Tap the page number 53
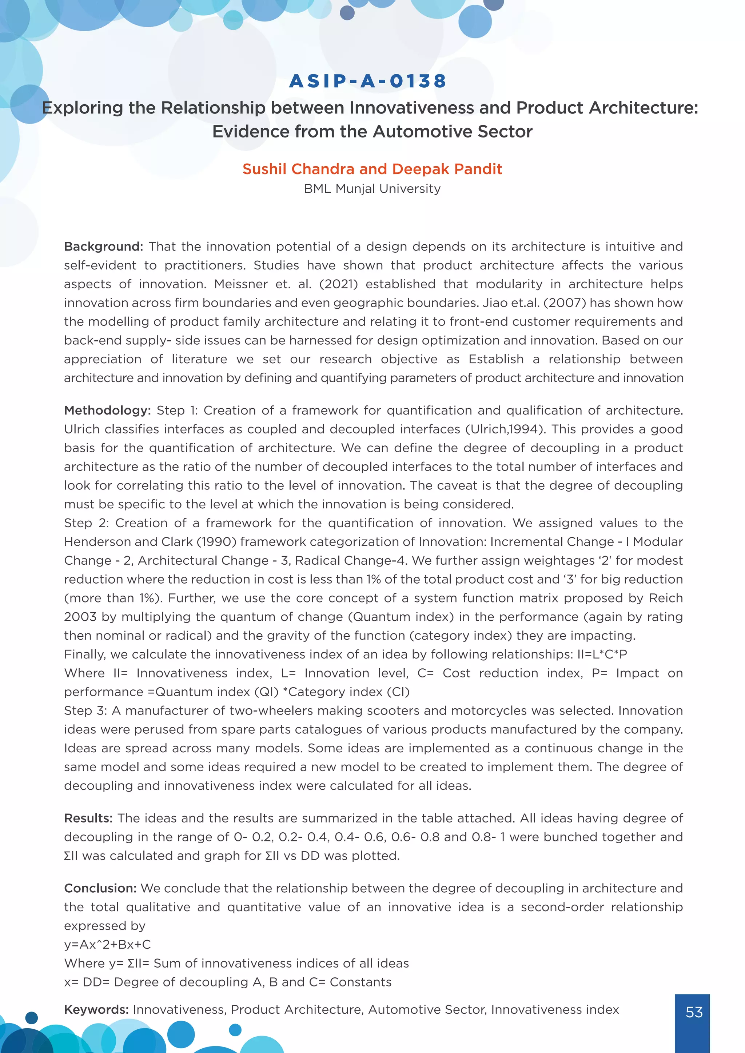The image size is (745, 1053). point(694,1012)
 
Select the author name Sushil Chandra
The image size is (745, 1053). point(299,169)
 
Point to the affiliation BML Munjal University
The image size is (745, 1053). point(372,188)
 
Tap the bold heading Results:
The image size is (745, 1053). point(88,818)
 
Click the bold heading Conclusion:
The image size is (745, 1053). point(100,888)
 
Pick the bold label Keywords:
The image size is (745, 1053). point(96,1009)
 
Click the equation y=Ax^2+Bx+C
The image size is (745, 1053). point(107,944)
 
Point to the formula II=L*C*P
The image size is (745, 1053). point(602,654)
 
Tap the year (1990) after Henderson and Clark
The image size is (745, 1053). point(216,542)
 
